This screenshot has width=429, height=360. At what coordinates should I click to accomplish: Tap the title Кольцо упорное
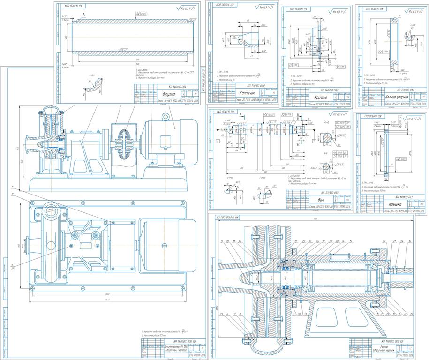pyautogui.click(x=396, y=97)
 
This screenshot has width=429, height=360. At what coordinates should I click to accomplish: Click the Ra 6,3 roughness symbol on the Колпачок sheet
pyautogui.click(x=264, y=7)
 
